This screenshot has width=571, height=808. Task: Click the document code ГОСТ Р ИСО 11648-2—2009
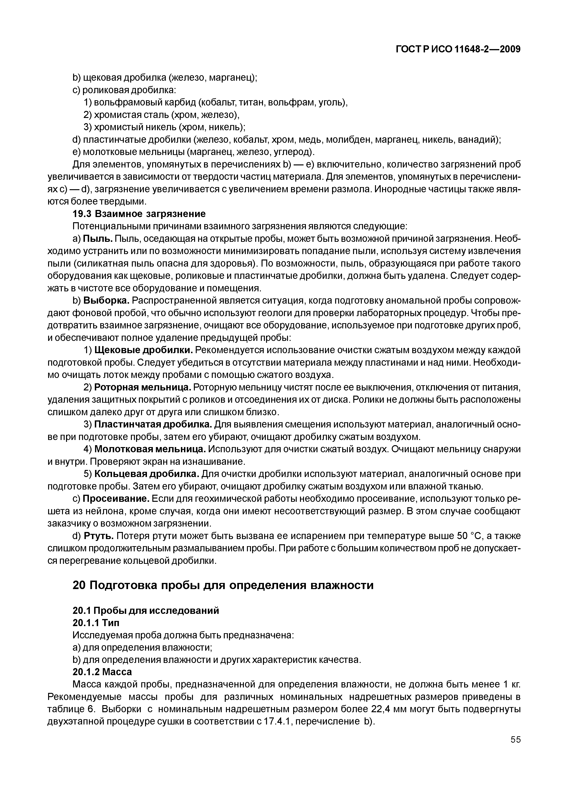(458, 49)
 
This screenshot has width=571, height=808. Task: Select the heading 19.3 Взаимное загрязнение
(139, 214)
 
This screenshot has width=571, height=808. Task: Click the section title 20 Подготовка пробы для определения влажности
(223, 586)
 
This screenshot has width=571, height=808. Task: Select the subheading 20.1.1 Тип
(96, 623)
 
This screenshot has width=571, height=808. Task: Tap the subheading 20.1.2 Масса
(102, 672)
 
